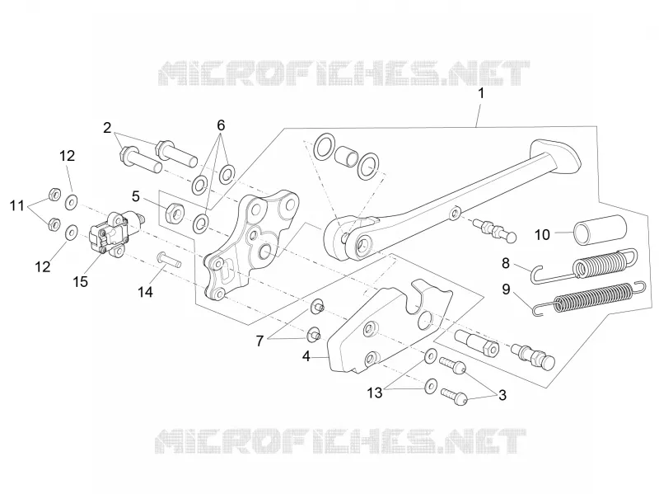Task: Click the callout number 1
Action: [481, 93]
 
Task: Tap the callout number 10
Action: [542, 235]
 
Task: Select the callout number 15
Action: [80, 281]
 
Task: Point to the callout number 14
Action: [146, 292]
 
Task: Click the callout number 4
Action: [306, 356]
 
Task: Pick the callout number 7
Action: [259, 341]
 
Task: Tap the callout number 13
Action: [375, 393]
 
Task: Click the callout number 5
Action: [135, 196]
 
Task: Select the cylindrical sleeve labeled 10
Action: [601, 230]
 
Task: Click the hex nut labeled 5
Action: [174, 212]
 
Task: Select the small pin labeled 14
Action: [170, 258]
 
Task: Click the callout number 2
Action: [107, 128]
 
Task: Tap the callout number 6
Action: [221, 125]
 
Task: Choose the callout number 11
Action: [17, 205]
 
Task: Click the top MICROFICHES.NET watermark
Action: [344, 73]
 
